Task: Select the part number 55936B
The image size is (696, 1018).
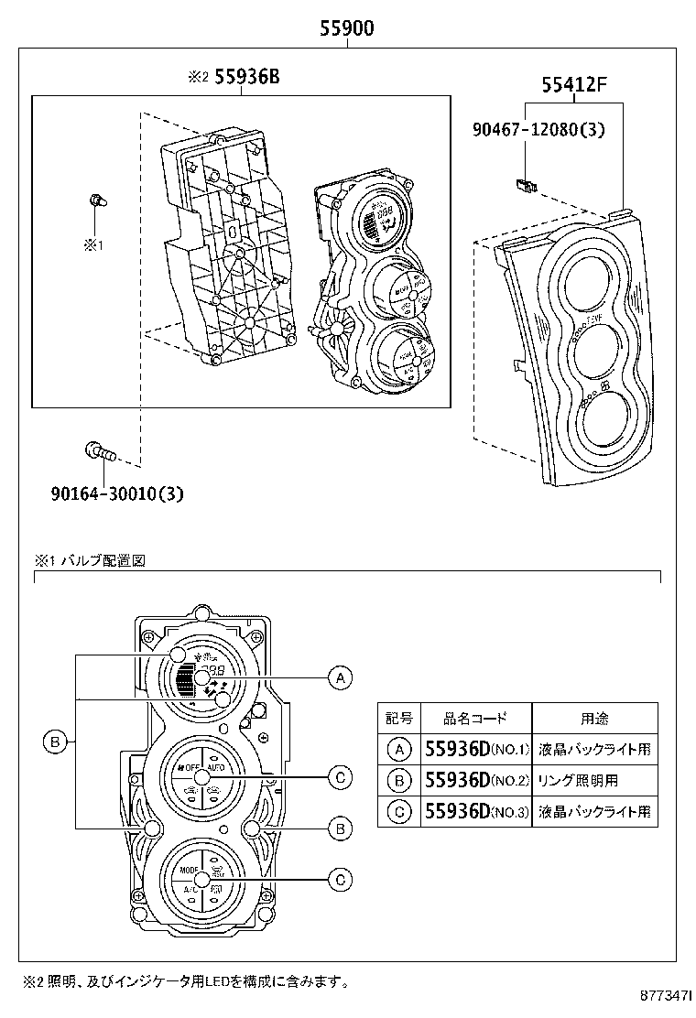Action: pos(246,78)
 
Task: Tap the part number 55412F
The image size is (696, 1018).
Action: pos(574,86)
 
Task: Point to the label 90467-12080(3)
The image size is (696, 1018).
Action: pos(538,130)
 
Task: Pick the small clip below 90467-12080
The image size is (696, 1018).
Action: pos(526,187)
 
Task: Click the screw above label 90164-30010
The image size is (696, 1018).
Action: pos(97,450)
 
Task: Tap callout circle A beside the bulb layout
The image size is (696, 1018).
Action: pos(340,677)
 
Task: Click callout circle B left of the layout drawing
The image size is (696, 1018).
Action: pos(55,742)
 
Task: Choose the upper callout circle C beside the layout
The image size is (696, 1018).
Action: pos(340,778)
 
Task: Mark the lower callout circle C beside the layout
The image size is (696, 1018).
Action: pos(340,880)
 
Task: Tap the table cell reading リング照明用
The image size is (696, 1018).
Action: pos(579,781)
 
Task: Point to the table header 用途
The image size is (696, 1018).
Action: pos(594,719)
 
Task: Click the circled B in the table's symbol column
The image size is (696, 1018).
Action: pos(399,781)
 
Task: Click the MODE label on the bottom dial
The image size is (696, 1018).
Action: pos(190,870)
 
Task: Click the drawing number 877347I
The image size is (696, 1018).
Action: pos(665,992)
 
